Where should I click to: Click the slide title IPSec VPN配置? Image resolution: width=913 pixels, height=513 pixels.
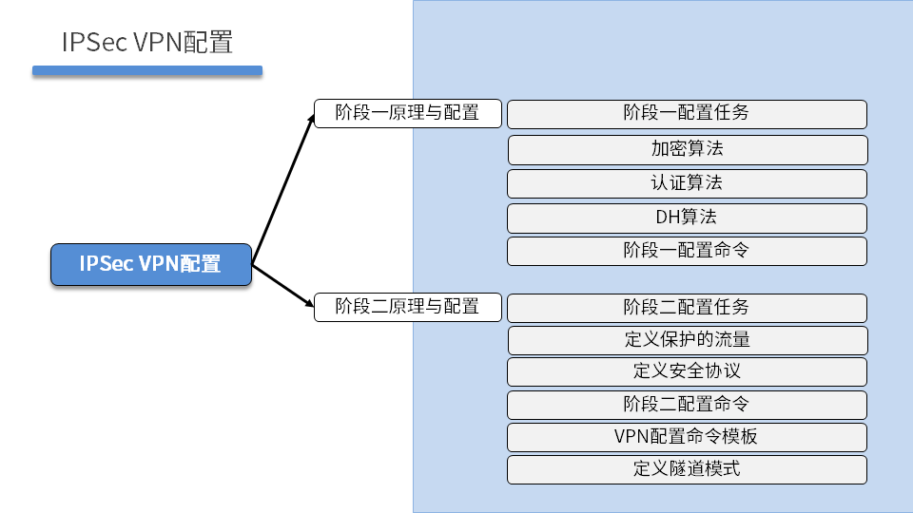147,43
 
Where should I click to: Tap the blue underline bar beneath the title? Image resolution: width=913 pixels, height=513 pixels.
147,70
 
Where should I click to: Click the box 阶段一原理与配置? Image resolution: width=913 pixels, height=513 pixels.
408,113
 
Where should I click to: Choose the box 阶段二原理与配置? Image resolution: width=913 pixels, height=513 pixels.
408,307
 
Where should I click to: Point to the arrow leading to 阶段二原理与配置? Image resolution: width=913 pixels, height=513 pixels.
283,286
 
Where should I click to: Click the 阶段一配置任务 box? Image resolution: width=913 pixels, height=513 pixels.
687,114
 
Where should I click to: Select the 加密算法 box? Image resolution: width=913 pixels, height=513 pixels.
687,149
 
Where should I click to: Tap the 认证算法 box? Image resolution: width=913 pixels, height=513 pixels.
687,183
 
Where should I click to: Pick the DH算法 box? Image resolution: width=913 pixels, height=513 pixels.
687,218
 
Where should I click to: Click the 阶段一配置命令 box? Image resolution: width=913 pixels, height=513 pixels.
687,251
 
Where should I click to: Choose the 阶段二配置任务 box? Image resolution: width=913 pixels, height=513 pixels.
687,308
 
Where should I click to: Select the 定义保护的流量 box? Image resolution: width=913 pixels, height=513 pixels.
687,340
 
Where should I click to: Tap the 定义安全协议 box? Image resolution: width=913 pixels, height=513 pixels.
687,371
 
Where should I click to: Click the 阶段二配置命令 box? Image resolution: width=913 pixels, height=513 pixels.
687,405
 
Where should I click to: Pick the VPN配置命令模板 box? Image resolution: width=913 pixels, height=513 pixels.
687,437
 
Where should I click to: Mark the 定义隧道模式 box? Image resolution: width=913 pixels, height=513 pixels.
687,469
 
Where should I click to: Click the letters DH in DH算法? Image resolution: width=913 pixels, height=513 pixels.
666,218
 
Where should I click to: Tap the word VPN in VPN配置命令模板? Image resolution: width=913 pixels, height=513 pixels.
631,437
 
